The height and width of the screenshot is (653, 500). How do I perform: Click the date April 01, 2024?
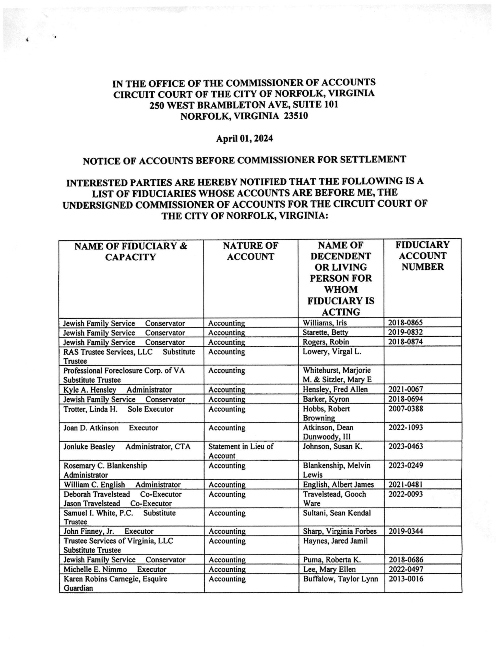(244, 139)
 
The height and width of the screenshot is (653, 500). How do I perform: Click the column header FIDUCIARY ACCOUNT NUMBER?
(422, 256)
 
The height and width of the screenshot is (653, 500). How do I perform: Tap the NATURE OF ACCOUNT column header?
(250, 251)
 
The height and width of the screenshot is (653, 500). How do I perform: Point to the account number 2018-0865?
(405, 322)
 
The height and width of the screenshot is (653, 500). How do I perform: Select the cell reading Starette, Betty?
(325, 332)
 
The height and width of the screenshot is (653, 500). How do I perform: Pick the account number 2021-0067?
(405, 389)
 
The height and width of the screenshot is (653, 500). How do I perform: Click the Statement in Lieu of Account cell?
(241, 451)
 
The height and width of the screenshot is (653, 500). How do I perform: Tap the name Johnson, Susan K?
(332, 446)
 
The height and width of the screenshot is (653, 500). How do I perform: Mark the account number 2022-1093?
(405, 428)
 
